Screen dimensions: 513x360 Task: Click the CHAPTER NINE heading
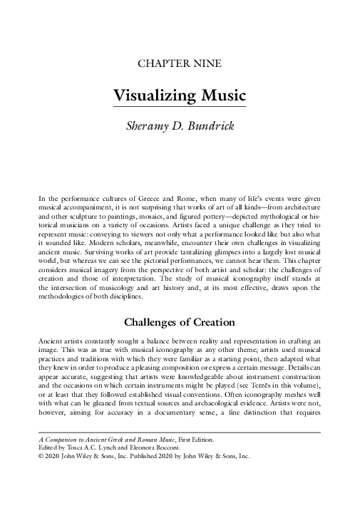[180, 64]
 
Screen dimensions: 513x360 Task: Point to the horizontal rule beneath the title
[180, 108]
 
